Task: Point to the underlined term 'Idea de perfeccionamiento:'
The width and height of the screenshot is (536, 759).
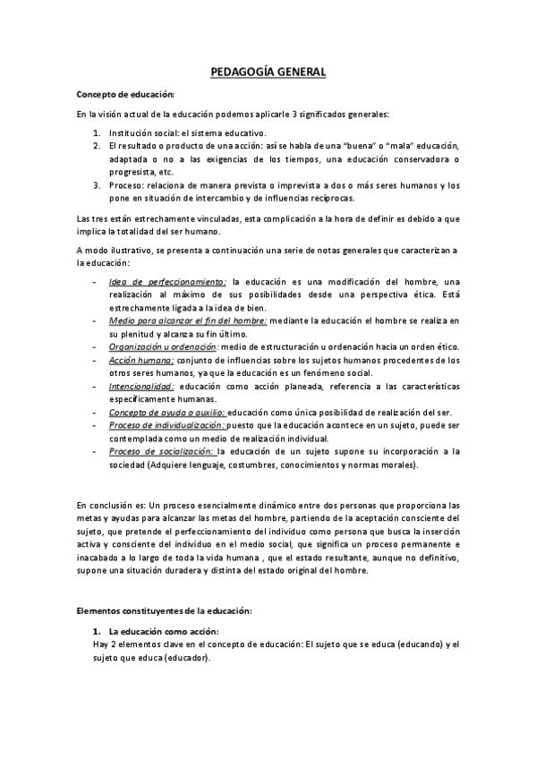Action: point(166,282)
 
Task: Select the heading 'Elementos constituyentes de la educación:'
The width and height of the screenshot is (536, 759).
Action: point(164,610)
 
